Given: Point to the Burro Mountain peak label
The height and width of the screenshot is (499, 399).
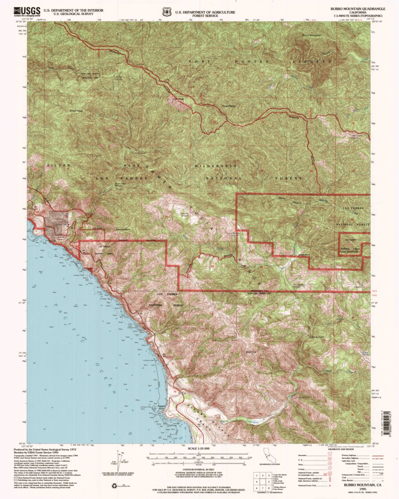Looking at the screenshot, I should pyautogui.click(x=311, y=36).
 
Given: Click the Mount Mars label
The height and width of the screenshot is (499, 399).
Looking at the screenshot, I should pyautogui.click(x=123, y=230).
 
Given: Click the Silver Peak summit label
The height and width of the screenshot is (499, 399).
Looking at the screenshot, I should pyautogui.click(x=76, y=111).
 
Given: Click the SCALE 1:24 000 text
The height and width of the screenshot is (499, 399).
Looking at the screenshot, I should pyautogui.click(x=199, y=449).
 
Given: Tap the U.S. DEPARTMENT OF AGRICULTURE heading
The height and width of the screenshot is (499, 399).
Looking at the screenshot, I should pyautogui.click(x=205, y=10).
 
